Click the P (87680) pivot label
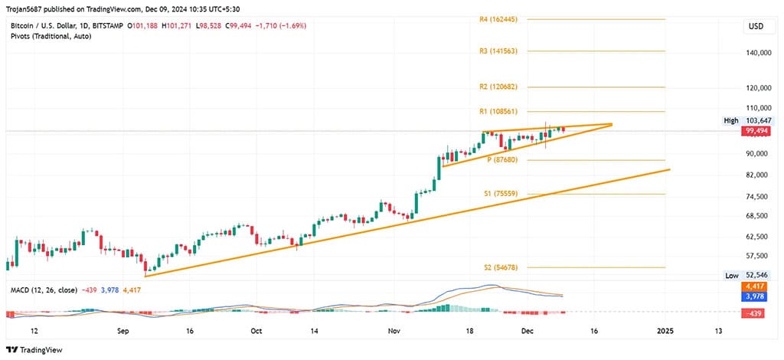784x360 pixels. point(502,160)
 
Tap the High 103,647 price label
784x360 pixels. point(747,121)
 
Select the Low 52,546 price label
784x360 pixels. point(747,275)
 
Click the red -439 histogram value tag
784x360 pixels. point(756,313)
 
